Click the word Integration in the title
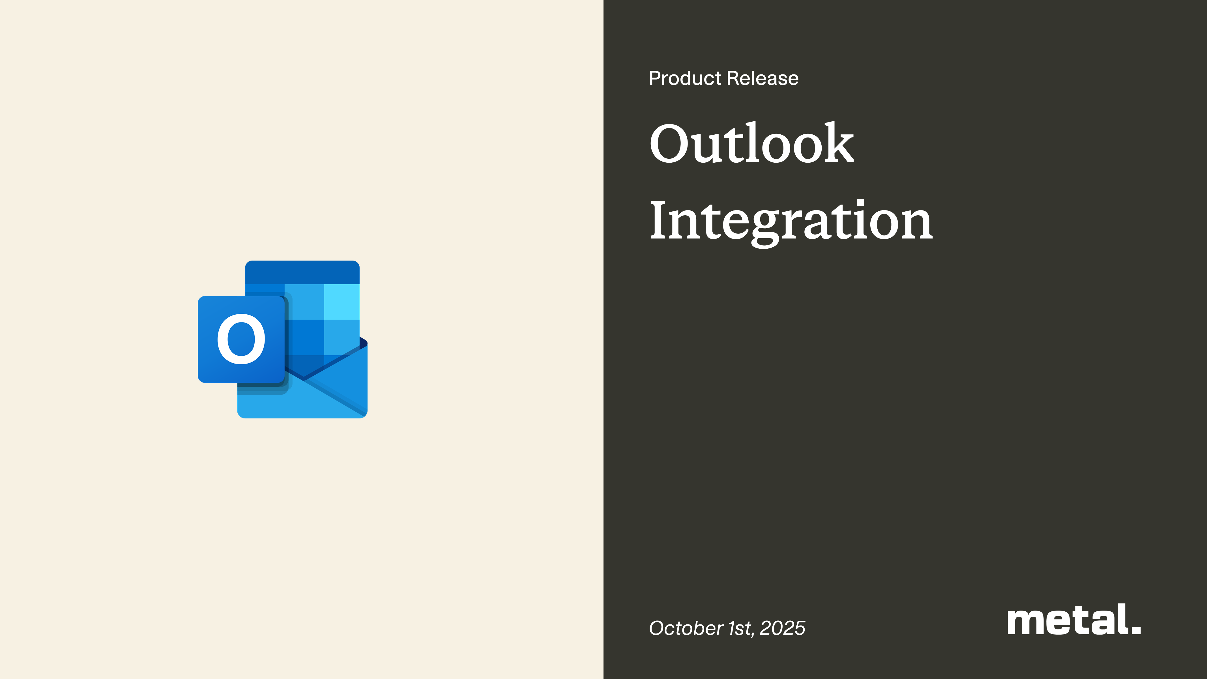791,220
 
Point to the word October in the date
686,628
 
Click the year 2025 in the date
783,628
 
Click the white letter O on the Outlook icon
241,339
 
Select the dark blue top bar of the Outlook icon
302,272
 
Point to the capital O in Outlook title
671,143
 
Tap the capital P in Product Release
656,78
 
